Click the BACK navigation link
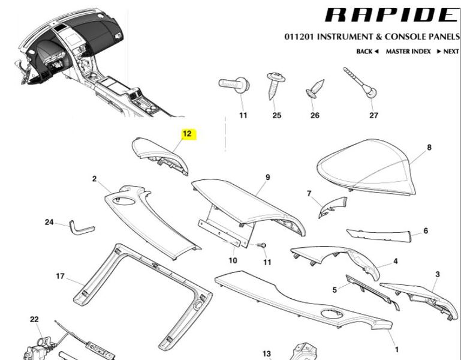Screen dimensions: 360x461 367,52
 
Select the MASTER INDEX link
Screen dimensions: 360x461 408,52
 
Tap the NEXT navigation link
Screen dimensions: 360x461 450,52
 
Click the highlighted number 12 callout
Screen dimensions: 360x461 187,134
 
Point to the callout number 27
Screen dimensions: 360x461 374,115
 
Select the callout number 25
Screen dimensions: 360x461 276,115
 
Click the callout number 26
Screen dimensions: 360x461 315,115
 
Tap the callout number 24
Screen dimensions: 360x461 49,223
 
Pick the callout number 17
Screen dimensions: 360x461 60,277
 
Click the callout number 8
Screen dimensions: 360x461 429,147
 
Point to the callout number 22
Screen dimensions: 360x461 34,319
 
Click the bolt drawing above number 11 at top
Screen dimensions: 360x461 235,85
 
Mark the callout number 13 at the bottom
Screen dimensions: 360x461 267,354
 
